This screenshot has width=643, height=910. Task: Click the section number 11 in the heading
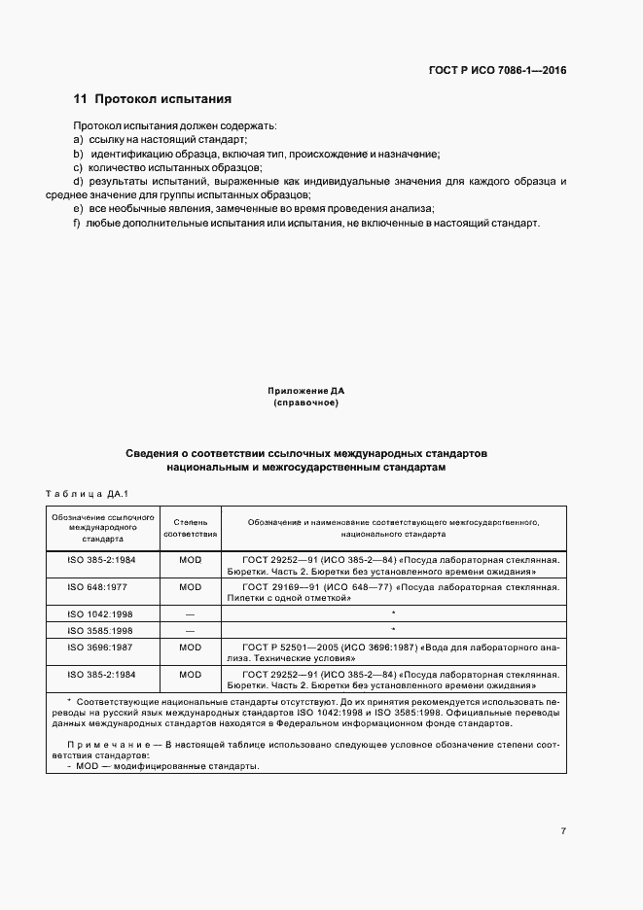click(x=81, y=99)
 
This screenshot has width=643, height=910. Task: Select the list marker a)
click(x=78, y=141)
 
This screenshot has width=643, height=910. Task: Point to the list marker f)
click(x=77, y=223)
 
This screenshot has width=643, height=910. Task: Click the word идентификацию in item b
click(x=131, y=155)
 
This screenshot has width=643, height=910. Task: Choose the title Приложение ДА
click(x=305, y=390)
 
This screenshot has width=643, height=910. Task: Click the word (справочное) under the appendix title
click(x=305, y=402)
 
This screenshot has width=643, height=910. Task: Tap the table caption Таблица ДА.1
click(x=89, y=493)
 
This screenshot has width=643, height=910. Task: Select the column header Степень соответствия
click(x=191, y=528)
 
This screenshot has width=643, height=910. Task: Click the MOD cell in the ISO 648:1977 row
click(x=191, y=587)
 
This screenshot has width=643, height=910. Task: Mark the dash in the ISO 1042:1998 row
click(x=191, y=614)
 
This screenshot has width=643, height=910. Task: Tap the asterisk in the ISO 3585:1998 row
click(x=393, y=630)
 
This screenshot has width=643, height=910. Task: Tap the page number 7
click(x=563, y=830)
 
